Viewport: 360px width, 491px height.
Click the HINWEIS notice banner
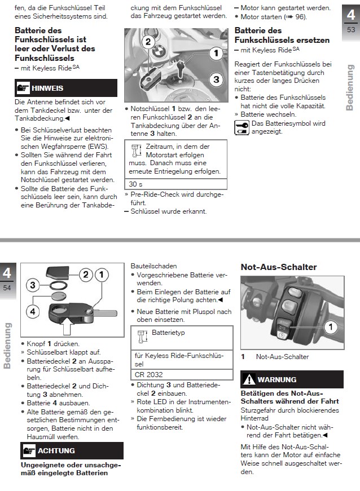(x=66, y=88)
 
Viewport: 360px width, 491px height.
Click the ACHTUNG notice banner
(x=72, y=450)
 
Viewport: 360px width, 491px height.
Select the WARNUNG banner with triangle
(x=292, y=379)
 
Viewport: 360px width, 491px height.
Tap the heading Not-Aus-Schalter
(x=279, y=267)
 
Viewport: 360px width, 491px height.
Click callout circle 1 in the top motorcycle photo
(x=215, y=54)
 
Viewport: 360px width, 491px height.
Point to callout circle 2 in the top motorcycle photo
(x=147, y=42)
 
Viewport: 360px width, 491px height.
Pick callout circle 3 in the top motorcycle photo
(x=215, y=79)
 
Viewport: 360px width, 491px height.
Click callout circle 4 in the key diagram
(x=33, y=311)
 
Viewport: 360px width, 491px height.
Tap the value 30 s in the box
(x=136, y=184)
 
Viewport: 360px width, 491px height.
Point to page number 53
(x=351, y=30)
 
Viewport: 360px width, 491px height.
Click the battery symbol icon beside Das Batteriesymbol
(x=242, y=127)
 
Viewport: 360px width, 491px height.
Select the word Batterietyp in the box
(x=168, y=333)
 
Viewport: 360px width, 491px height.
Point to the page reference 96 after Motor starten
(x=300, y=17)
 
